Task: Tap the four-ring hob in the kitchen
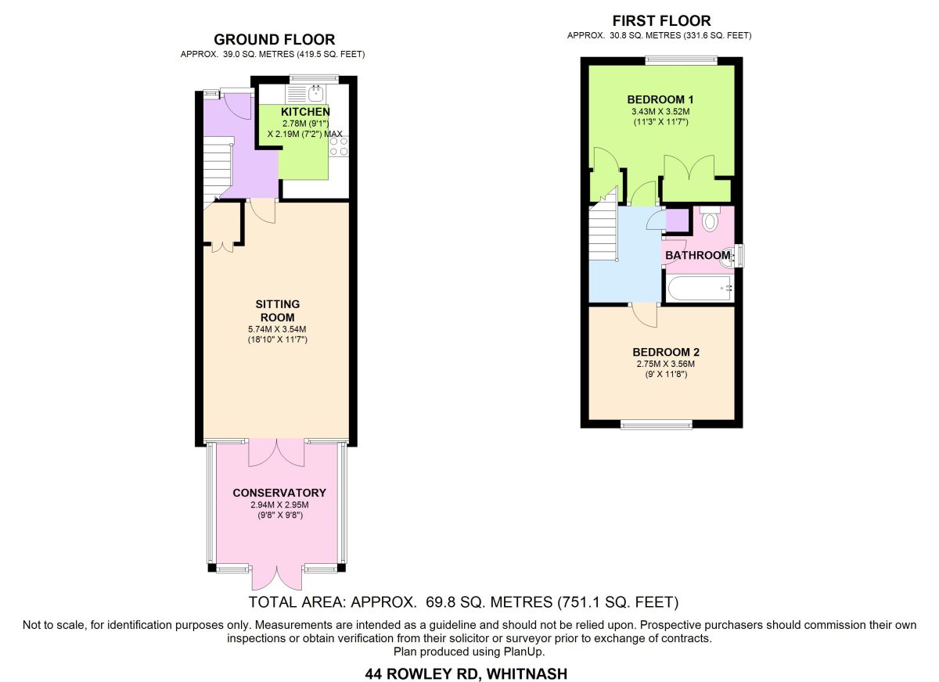(x=339, y=146)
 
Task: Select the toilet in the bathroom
(x=709, y=219)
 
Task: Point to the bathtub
(x=700, y=289)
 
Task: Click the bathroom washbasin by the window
(x=726, y=257)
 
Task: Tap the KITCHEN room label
(x=305, y=112)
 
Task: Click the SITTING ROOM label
(x=278, y=310)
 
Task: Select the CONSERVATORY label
(x=279, y=493)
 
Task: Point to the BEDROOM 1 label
(x=660, y=99)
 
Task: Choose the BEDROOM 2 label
(x=666, y=352)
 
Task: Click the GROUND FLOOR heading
(x=275, y=39)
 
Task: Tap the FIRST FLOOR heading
(x=661, y=20)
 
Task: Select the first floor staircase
(x=603, y=228)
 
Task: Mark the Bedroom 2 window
(x=657, y=425)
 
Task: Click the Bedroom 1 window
(x=682, y=61)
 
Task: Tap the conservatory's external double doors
(x=277, y=578)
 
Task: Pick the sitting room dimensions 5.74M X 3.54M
(x=277, y=330)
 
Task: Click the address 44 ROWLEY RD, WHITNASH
(x=466, y=673)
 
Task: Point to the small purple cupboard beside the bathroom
(x=678, y=220)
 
